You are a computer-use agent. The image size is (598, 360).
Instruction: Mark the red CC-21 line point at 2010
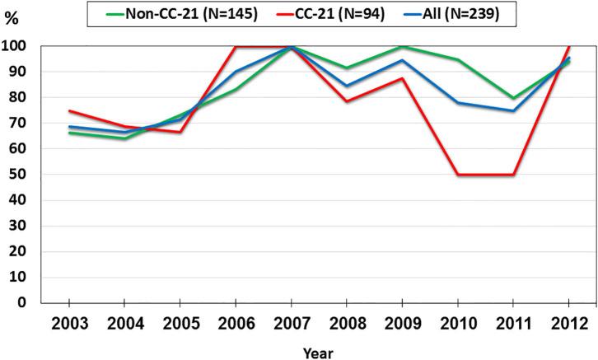click(459, 175)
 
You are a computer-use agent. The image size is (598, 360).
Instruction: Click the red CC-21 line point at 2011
click(514, 175)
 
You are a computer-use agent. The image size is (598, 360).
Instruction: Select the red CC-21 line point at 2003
click(69, 110)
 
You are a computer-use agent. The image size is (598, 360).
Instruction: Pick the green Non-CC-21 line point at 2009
click(404, 47)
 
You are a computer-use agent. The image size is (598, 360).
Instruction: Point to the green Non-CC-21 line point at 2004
click(124, 138)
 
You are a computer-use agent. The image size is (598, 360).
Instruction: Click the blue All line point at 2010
click(459, 103)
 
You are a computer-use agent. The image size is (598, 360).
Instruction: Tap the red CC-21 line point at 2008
click(348, 101)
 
